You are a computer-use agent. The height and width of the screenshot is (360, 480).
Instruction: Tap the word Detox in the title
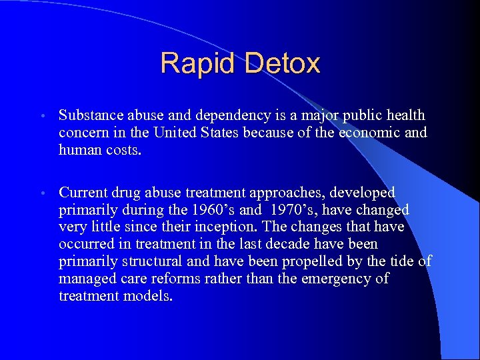[283, 63]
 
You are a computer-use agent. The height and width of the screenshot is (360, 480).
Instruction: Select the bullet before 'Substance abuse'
[42, 116]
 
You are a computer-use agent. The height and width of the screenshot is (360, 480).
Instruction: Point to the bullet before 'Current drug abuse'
[42, 193]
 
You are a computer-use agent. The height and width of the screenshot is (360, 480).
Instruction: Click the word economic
[367, 132]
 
